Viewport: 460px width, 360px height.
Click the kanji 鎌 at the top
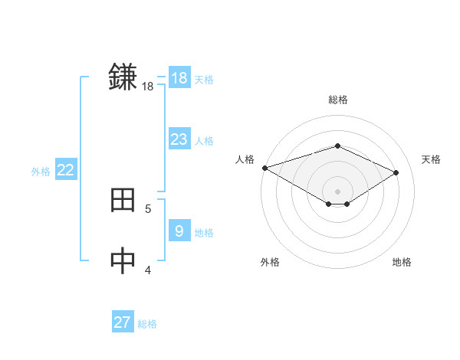click(x=123, y=77)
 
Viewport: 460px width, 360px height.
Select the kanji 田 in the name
click(x=123, y=200)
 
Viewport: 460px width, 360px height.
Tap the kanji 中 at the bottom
click(x=123, y=260)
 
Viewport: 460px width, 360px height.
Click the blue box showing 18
click(x=179, y=78)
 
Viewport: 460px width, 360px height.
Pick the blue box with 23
click(x=179, y=139)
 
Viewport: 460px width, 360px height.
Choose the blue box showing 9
click(x=179, y=231)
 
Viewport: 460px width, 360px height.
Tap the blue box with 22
click(x=65, y=170)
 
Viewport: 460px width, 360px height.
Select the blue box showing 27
click(x=123, y=322)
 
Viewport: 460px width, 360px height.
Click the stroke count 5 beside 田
click(x=148, y=208)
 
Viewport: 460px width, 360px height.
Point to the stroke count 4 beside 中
click(x=148, y=269)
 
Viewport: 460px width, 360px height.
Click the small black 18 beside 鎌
click(x=148, y=87)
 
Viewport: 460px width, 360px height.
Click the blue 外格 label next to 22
click(x=41, y=172)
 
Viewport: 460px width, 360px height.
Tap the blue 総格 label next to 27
click(x=147, y=324)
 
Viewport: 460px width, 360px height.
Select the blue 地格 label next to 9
click(x=204, y=233)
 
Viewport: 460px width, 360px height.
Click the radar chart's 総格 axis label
click(x=337, y=100)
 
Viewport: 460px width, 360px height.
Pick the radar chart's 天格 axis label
click(x=431, y=159)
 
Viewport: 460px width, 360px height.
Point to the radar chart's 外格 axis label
click(x=270, y=262)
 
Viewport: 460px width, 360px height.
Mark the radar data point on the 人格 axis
click(x=264, y=168)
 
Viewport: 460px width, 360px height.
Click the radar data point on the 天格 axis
click(x=396, y=173)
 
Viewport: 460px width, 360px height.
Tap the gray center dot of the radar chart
click(x=337, y=191)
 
